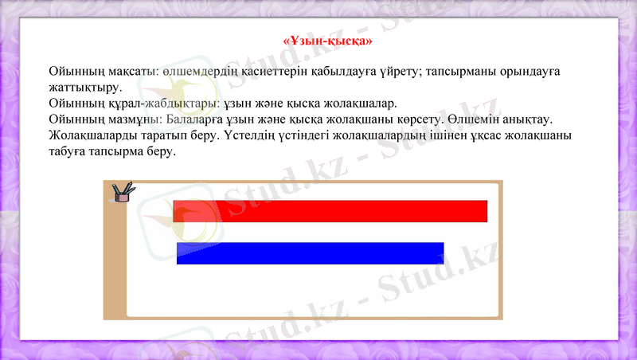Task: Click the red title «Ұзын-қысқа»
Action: tap(328, 39)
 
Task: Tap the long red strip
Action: tap(330, 211)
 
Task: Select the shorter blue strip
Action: tap(310, 252)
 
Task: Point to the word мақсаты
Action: tap(131, 71)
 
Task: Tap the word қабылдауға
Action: tap(344, 71)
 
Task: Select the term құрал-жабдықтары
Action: tap(164, 104)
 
